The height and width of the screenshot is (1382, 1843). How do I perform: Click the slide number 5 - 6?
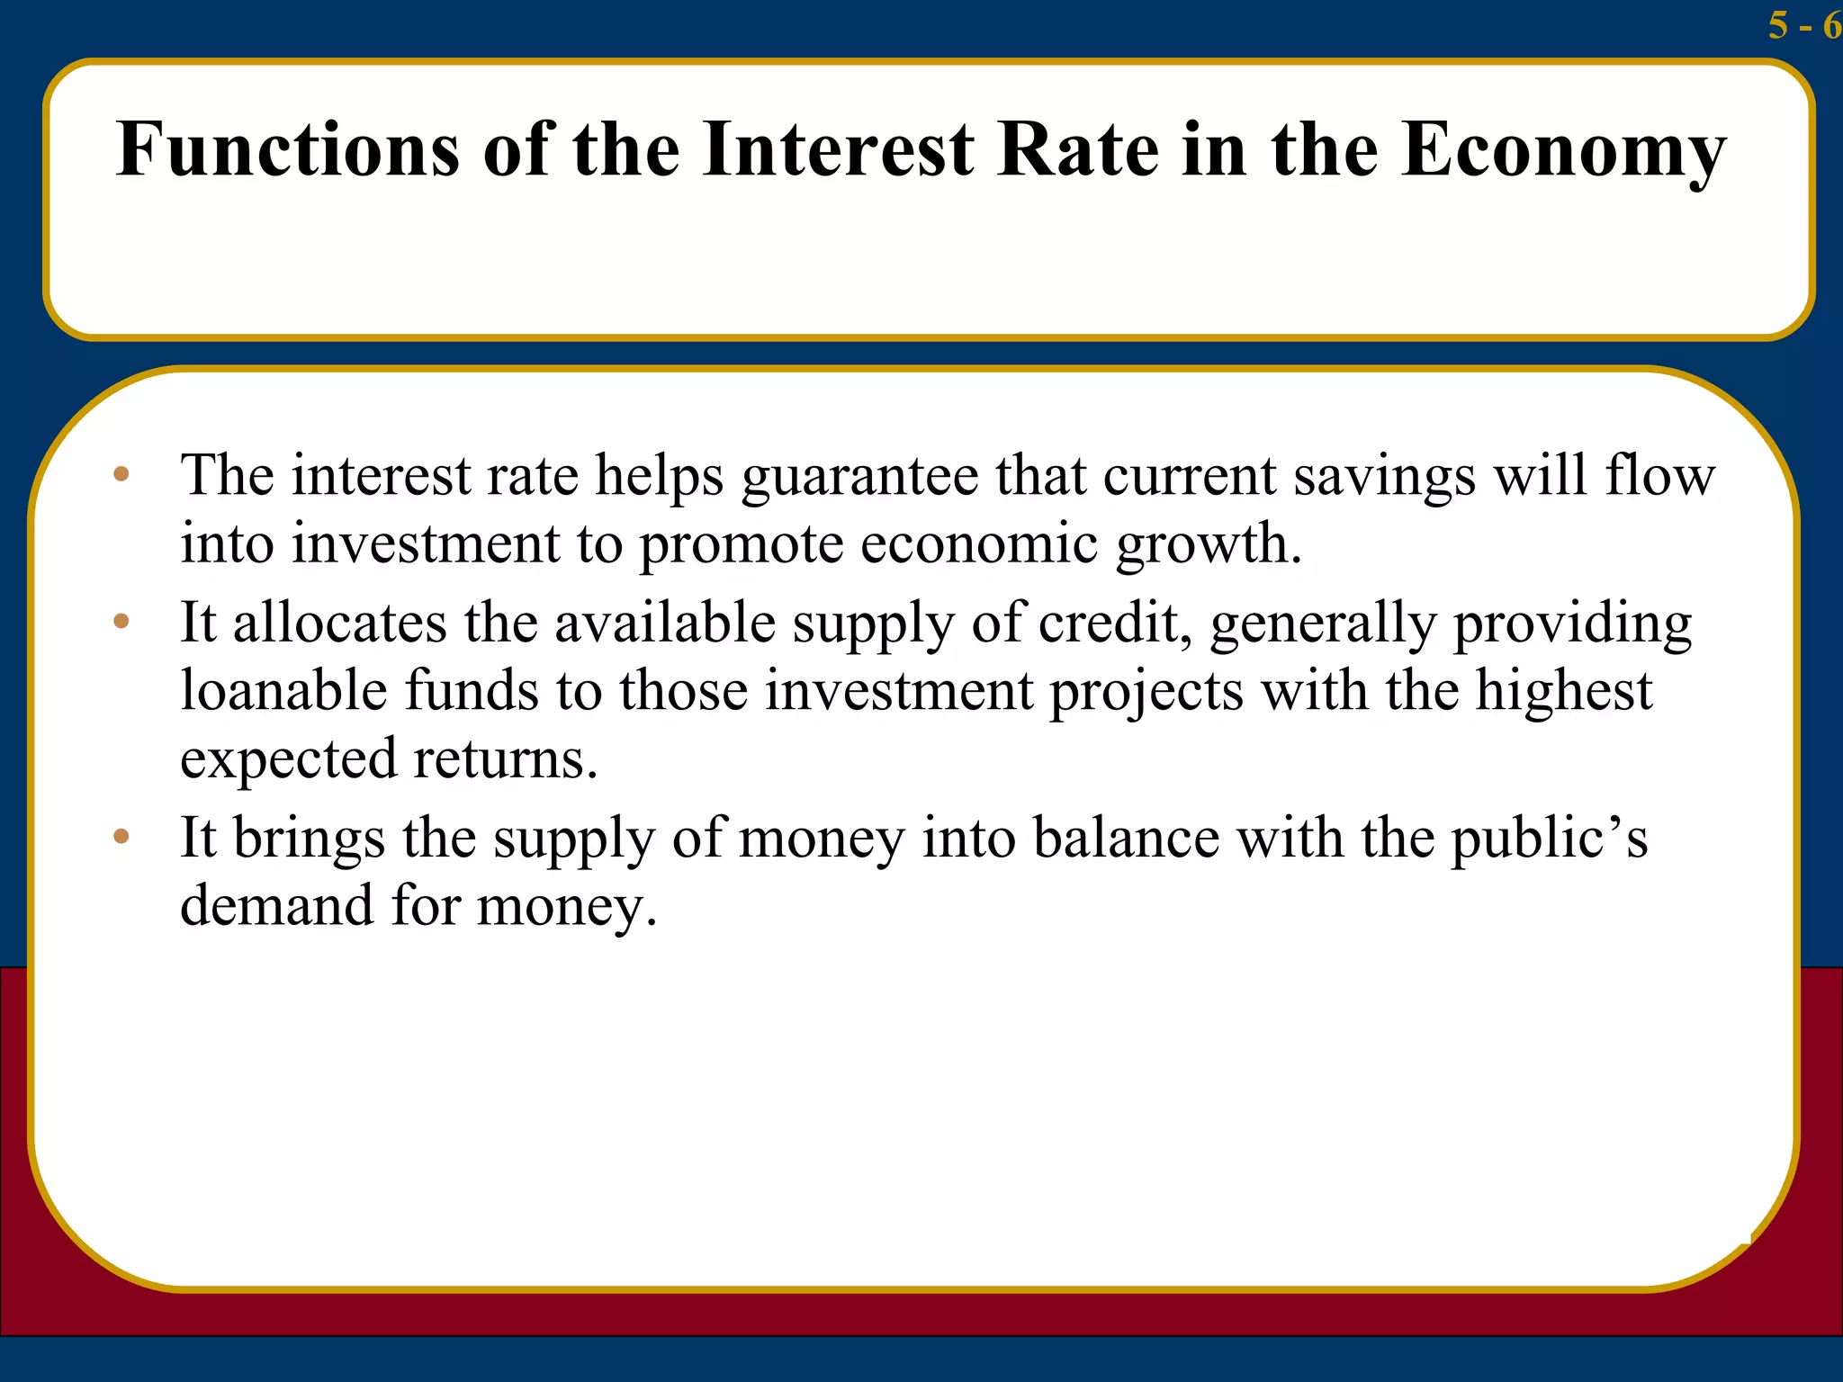(1803, 25)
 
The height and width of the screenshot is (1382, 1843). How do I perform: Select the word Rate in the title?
(1078, 149)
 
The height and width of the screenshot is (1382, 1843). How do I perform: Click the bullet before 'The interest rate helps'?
(121, 474)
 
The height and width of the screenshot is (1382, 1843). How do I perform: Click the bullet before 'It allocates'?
(121, 621)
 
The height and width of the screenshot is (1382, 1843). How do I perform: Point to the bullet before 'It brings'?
(121, 837)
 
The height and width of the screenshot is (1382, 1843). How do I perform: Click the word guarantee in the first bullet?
(859, 477)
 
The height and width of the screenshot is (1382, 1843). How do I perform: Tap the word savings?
(1384, 477)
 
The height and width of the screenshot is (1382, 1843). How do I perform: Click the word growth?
(1208, 545)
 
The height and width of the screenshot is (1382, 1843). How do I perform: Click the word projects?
(1146, 693)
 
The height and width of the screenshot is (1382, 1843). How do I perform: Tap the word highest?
(1563, 693)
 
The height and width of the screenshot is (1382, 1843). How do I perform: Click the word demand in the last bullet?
(276, 905)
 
